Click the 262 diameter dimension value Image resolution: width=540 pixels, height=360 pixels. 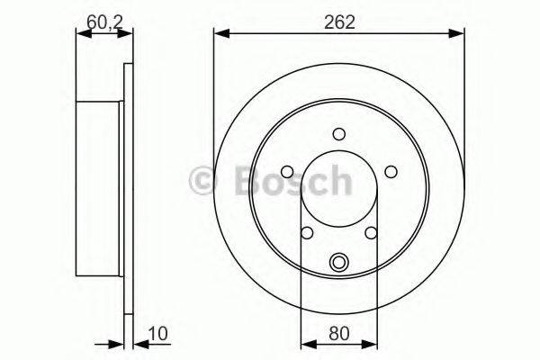(339, 22)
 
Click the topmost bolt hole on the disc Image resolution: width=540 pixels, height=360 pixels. (339, 134)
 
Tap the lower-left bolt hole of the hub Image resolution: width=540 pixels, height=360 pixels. (306, 234)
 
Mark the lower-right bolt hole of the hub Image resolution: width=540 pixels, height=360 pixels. (372, 234)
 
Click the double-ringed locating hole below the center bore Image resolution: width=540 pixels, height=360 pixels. (339, 263)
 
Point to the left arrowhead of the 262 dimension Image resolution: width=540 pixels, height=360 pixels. (220, 34)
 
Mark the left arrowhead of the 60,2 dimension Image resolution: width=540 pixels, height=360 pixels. (81, 34)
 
